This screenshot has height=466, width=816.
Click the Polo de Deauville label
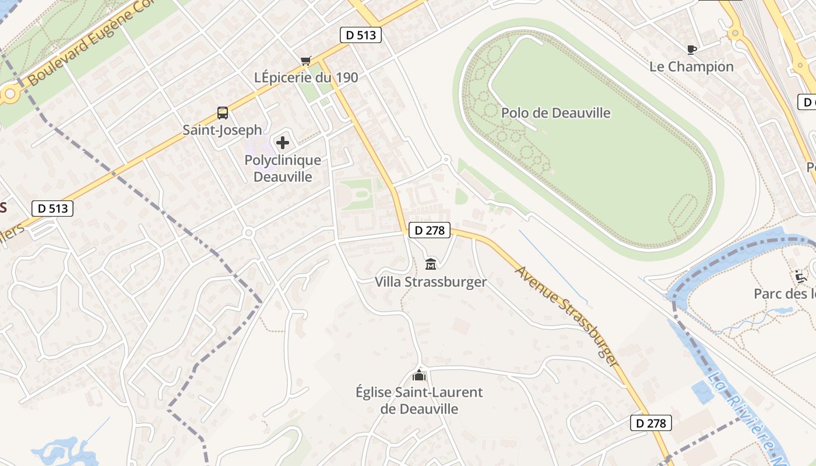tap(555, 112)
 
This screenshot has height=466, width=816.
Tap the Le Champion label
tap(691, 66)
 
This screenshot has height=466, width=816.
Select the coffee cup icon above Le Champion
tap(692, 50)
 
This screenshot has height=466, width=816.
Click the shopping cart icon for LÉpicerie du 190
tap(306, 61)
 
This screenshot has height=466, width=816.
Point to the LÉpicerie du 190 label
tap(306, 77)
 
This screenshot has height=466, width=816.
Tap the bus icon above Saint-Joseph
tap(222, 113)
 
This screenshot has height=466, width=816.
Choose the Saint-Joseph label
tap(222, 129)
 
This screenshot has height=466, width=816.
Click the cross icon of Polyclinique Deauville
tap(283, 143)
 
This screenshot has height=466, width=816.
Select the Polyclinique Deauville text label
tap(283, 168)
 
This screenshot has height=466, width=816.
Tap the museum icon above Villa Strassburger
tap(431, 264)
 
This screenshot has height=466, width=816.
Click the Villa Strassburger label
tap(431, 282)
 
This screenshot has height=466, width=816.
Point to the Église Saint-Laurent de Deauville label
tap(419, 400)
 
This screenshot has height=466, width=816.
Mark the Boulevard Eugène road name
tap(87, 44)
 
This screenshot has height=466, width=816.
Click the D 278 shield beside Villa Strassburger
tap(430, 231)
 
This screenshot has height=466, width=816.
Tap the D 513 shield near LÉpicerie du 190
tap(361, 35)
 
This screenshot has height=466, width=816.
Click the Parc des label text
tap(784, 294)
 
